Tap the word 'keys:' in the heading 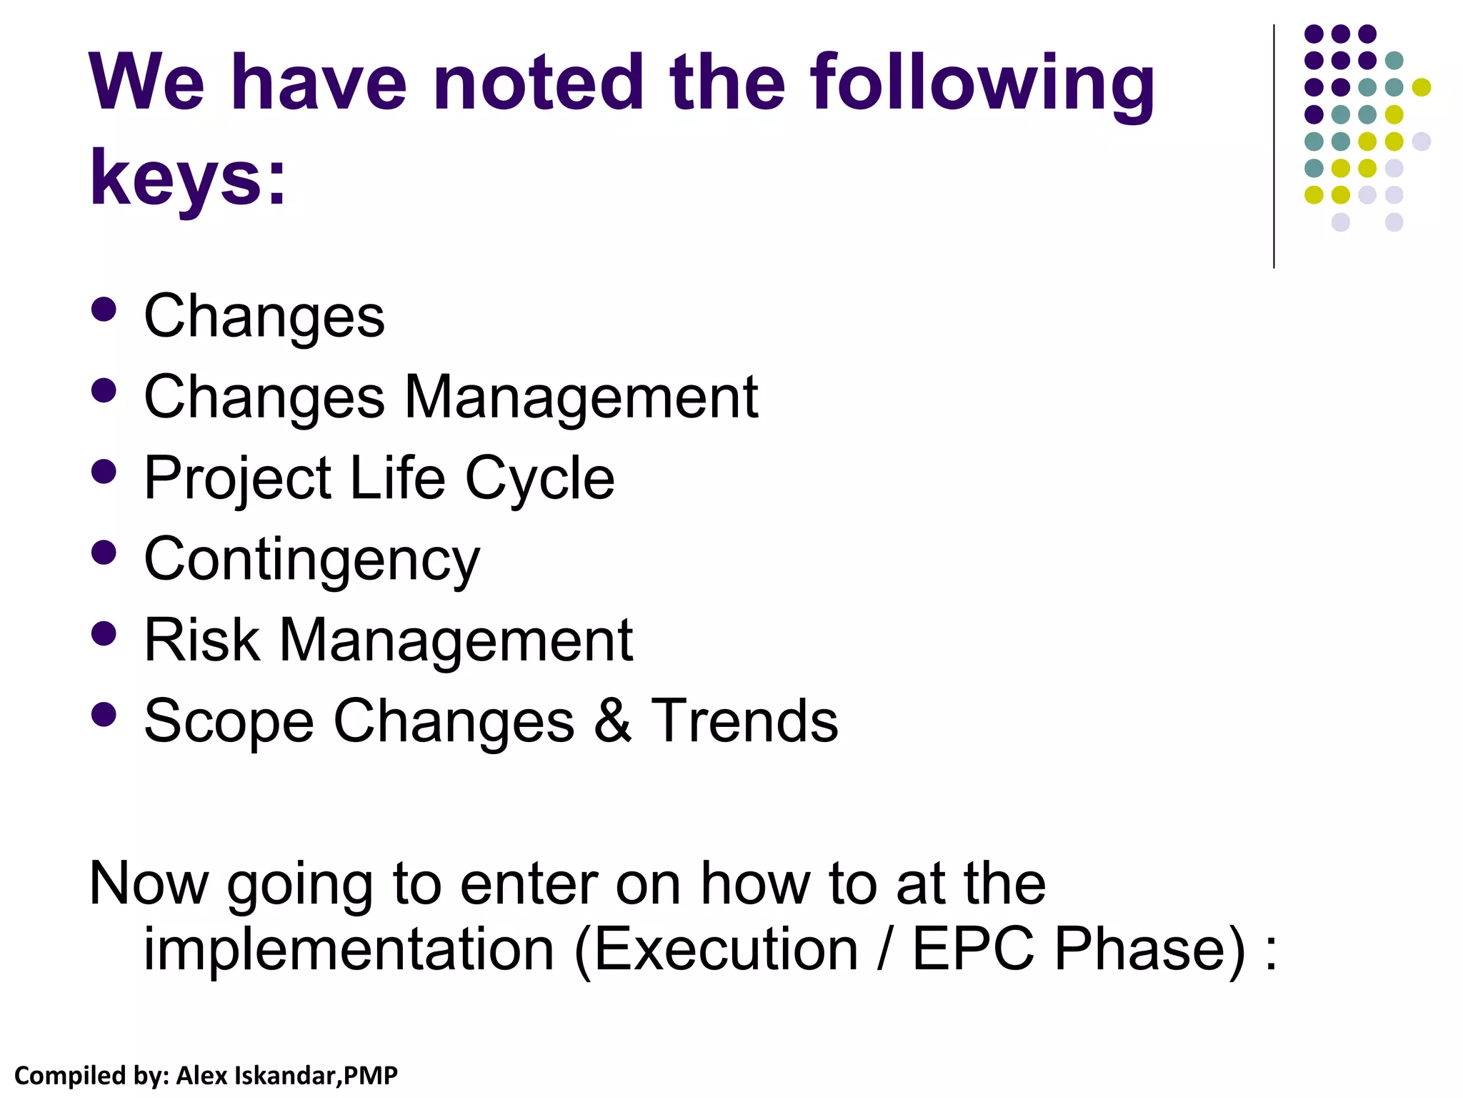coord(188,177)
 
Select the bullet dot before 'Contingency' coord(104,552)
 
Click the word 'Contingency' coord(312,560)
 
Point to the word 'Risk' coord(201,640)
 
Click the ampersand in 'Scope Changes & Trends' coord(612,721)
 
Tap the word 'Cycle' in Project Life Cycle coord(539,478)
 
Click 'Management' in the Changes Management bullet coord(581,397)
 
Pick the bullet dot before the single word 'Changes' coord(104,310)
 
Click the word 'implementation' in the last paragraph coord(349,949)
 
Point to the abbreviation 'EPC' coord(973,949)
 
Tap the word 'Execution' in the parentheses coord(726,949)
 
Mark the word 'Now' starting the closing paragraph coord(149,884)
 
